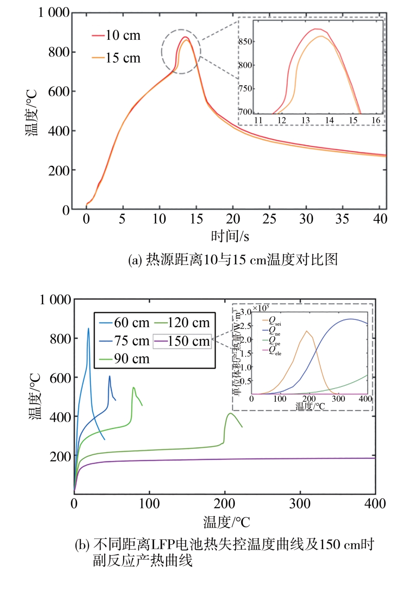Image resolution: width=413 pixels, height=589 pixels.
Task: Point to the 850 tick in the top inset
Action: pyautogui.click(x=245, y=42)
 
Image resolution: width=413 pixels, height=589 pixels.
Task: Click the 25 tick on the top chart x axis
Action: pyautogui.click(x=269, y=219)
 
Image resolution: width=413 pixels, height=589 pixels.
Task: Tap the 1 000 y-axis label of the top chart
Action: pyautogui.click(x=54, y=13)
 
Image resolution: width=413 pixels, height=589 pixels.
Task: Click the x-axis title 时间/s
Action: pyautogui.click(x=230, y=236)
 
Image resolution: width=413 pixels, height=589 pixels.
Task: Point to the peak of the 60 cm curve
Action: pyautogui.click(x=88, y=328)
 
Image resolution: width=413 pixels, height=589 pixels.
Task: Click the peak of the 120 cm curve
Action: pyautogui.click(x=230, y=413)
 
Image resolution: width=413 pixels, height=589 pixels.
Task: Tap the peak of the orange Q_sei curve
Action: pyautogui.click(x=306, y=331)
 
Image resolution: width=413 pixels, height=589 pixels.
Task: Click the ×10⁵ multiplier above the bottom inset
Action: pyautogui.click(x=261, y=308)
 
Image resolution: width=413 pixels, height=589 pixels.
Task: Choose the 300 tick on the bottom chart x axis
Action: pyautogui.click(x=300, y=504)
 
